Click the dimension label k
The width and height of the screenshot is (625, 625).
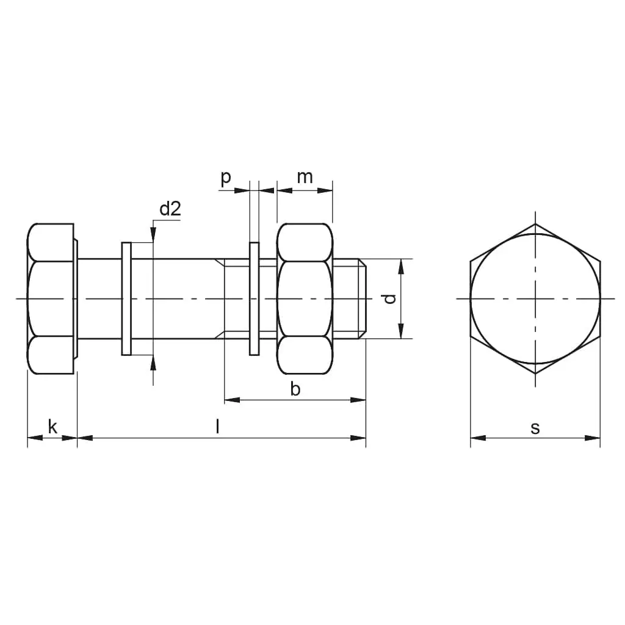(x=52, y=427)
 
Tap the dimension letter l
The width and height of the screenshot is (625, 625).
(x=217, y=427)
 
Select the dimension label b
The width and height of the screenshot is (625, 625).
(x=295, y=389)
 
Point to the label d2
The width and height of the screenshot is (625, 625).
(x=170, y=209)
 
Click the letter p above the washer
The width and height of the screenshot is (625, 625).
(x=226, y=178)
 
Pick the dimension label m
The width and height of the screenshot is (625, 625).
(x=305, y=177)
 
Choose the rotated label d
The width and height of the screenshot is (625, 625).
(x=389, y=298)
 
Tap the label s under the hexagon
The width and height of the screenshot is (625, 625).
(x=535, y=428)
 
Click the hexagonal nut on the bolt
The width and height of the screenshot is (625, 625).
(x=305, y=298)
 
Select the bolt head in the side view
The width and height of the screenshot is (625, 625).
(x=52, y=298)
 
